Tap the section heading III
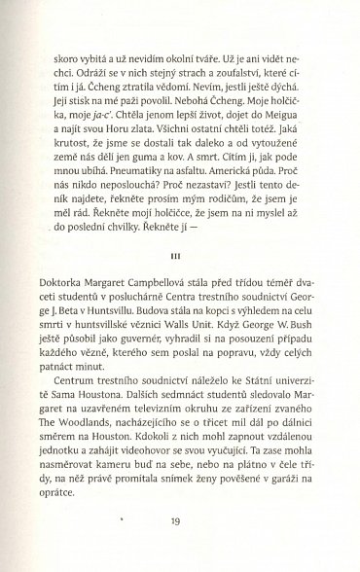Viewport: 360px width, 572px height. (x=179, y=257)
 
